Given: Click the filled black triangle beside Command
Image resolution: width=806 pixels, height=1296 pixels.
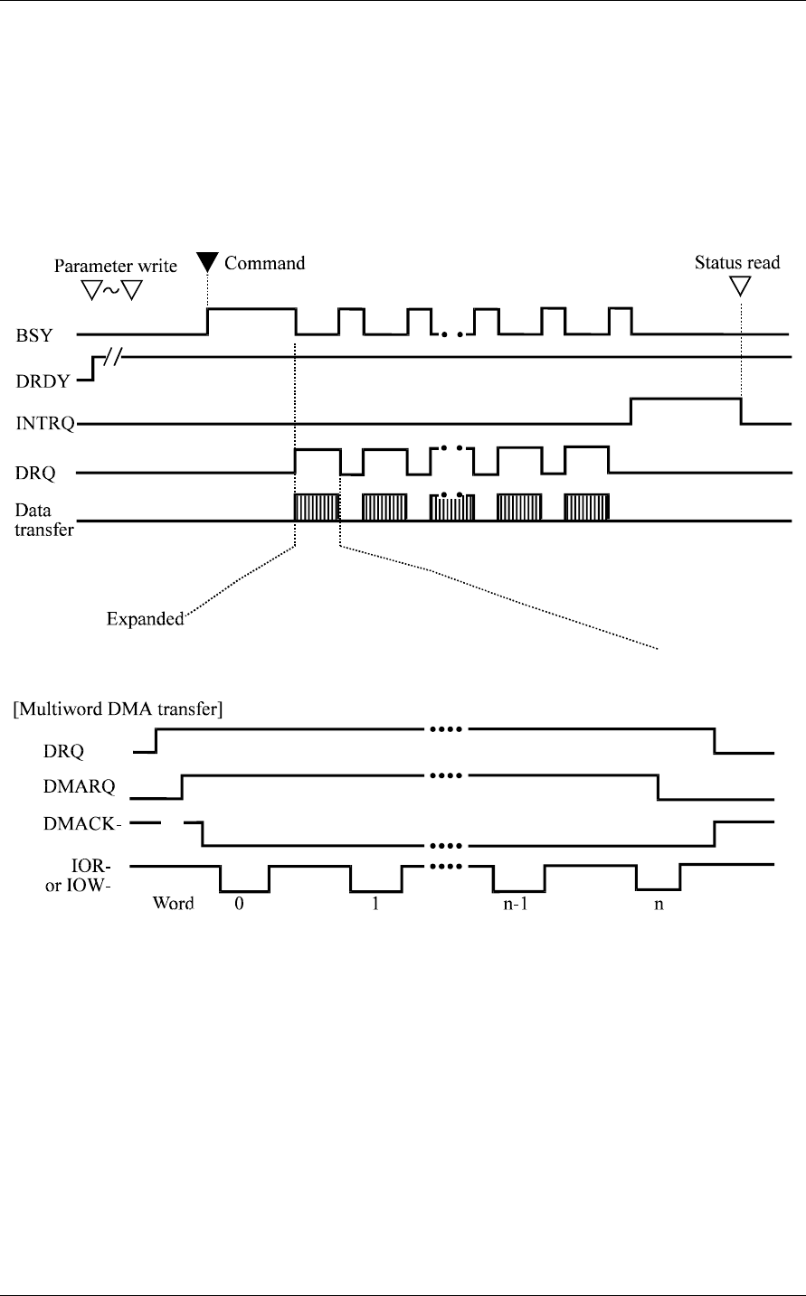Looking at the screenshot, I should (x=207, y=263).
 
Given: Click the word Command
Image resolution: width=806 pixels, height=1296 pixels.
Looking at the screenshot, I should (x=264, y=263).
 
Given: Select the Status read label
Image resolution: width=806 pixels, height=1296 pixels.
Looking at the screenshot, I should (x=737, y=263).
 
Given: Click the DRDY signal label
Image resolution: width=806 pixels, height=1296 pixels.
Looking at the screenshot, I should (x=38, y=380).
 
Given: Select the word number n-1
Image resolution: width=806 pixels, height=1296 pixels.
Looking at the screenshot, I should (x=517, y=905).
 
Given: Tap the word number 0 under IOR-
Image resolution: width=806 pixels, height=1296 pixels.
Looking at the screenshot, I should (x=239, y=905).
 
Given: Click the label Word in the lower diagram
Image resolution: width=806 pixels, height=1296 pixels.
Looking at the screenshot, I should (x=173, y=905).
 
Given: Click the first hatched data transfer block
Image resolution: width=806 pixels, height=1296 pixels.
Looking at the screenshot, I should (x=317, y=508).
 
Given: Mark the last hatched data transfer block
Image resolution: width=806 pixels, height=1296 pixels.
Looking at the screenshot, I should (x=586, y=508).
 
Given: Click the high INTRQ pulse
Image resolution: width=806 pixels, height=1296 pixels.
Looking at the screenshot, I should (x=685, y=399).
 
